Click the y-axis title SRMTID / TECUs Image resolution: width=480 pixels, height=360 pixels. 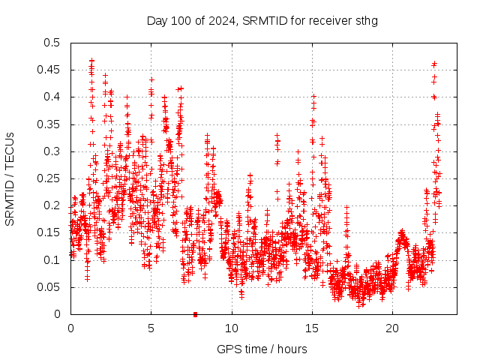click(10, 178)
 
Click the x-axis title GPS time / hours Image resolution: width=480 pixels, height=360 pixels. click(262, 349)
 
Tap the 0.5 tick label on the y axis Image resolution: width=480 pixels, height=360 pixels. click(51, 43)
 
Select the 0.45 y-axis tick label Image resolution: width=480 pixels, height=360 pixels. click(48, 70)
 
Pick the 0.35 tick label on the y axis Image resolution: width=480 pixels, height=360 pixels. click(48, 124)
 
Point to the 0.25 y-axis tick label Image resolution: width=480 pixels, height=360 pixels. click(48, 178)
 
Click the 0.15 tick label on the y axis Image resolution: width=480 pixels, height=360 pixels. click(48, 233)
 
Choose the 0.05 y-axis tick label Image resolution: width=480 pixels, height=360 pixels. click(48, 287)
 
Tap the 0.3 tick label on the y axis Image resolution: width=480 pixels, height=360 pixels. click(51, 151)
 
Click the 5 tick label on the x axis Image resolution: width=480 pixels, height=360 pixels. click(151, 328)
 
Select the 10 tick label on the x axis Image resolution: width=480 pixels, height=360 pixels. click(231, 328)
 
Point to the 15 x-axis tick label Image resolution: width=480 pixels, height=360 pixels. click(312, 328)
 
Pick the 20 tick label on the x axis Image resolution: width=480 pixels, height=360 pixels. click(392, 328)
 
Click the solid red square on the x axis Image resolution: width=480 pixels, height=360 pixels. click(195, 314)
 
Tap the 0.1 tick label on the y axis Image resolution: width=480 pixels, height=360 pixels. click(51, 260)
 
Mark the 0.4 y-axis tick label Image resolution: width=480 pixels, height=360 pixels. click(51, 97)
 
